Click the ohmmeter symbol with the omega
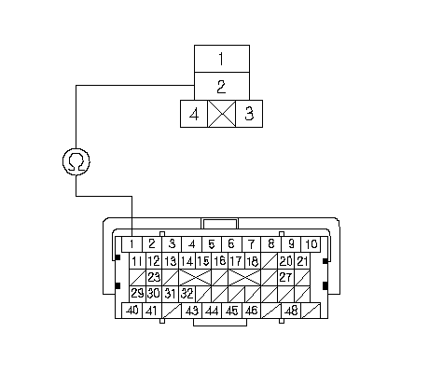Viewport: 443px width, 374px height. click(x=76, y=161)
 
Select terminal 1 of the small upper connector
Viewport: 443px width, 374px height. click(x=222, y=59)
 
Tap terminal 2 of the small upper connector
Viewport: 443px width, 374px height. click(x=222, y=87)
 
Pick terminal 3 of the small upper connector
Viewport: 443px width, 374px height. click(x=249, y=114)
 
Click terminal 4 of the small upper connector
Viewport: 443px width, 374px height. click(x=194, y=114)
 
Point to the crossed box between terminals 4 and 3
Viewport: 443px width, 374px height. click(x=222, y=114)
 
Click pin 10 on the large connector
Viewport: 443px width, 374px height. click(x=311, y=244)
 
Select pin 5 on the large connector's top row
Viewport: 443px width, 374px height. click(x=212, y=244)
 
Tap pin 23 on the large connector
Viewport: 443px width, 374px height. click(x=154, y=277)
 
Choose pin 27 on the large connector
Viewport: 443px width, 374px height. click(x=285, y=277)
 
